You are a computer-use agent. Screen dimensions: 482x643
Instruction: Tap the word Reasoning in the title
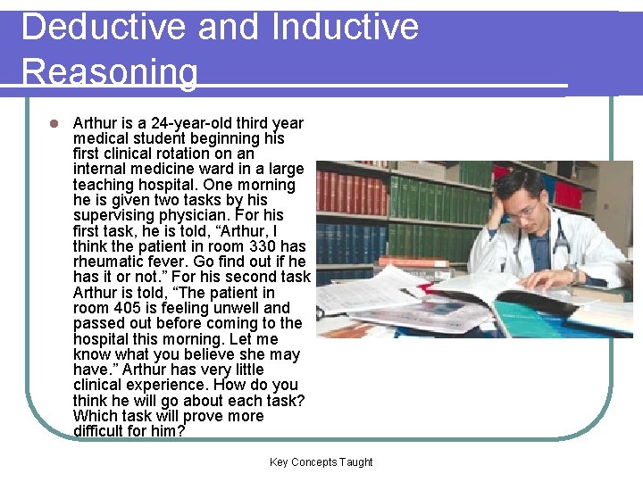pyautogui.click(x=110, y=71)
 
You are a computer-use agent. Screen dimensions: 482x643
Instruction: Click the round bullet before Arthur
pyautogui.click(x=54, y=123)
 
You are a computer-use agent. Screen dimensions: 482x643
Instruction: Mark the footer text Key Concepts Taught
pyautogui.click(x=321, y=462)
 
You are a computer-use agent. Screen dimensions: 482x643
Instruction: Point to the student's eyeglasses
pyautogui.click(x=523, y=212)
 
